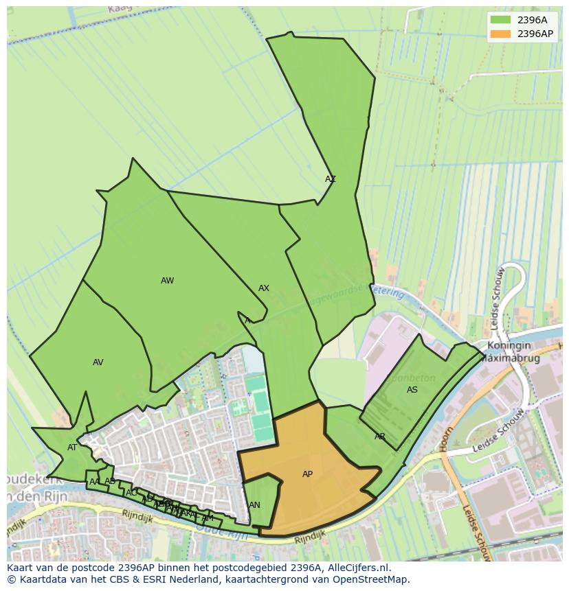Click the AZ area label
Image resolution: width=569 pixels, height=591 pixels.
[331, 179]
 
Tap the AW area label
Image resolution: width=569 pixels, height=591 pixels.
[167, 281]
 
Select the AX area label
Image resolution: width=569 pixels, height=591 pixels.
[264, 288]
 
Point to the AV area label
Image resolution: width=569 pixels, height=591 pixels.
[98, 362]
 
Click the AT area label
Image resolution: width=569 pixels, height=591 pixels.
[72, 448]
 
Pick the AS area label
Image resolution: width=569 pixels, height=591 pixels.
[412, 390]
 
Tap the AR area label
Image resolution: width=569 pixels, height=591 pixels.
[380, 437]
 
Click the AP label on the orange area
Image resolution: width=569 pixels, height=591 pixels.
[307, 474]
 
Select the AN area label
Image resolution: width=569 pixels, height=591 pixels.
[254, 505]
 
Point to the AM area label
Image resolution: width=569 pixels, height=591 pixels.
[208, 518]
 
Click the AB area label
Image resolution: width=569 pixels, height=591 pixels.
[109, 481]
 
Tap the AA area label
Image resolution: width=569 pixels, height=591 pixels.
[95, 482]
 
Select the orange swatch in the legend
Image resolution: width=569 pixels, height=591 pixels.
[501, 33]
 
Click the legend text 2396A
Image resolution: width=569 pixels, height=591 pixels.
[532, 20]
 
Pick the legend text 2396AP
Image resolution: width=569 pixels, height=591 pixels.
[535, 33]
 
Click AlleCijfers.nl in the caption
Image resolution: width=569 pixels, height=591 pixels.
[357, 568]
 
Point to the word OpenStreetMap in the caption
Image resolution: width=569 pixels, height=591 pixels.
[372, 579]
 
